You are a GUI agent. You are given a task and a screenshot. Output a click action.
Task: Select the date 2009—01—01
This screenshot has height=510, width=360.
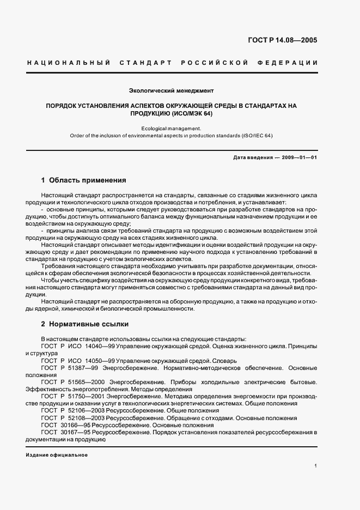coord(297,158)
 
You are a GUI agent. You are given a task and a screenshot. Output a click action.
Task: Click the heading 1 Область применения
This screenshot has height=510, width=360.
coord(84,180)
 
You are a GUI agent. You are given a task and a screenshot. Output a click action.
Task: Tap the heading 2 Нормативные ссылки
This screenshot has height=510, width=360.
coord(84,324)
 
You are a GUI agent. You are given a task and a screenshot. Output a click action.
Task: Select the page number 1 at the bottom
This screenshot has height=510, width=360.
coord(316,465)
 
